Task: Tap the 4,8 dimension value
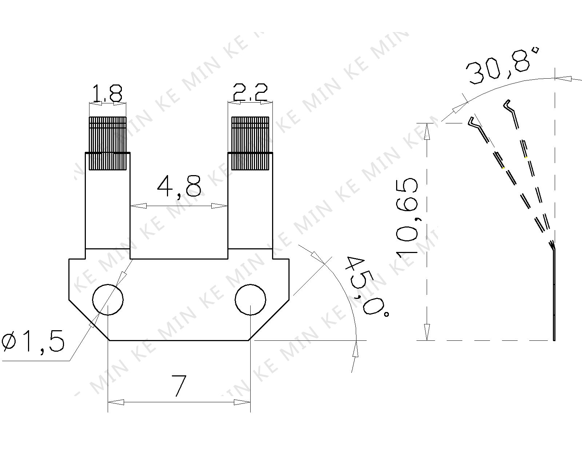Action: [179, 186]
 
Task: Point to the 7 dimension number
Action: [179, 386]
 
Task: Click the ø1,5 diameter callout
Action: [33, 341]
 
